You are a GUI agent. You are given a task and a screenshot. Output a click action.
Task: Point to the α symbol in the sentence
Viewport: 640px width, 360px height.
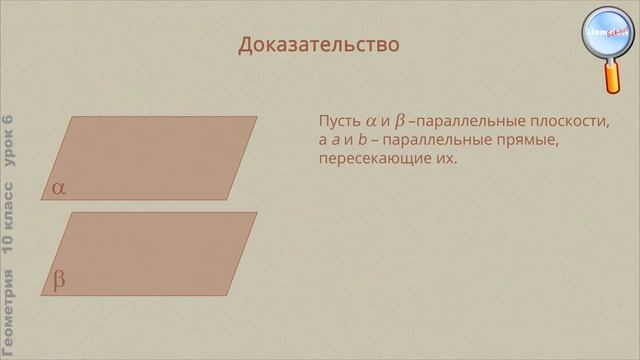click(x=371, y=122)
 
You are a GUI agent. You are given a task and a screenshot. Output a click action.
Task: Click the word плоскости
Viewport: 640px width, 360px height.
click(x=574, y=122)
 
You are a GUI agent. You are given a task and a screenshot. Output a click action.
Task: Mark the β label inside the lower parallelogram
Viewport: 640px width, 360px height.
click(x=59, y=280)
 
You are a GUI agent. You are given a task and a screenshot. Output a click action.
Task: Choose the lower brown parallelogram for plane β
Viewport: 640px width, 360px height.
click(x=150, y=250)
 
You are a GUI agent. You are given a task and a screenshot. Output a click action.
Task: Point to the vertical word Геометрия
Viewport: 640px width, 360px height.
click(x=9, y=313)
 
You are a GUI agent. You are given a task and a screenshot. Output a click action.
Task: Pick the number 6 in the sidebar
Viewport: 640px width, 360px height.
click(x=9, y=121)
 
